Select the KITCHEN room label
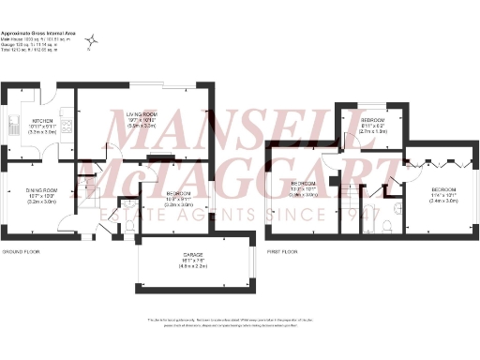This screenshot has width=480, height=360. click(x=42, y=121)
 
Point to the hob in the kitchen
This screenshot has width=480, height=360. click(x=67, y=121)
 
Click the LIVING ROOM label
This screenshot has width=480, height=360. click(x=140, y=113)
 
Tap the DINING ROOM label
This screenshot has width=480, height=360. click(x=42, y=190)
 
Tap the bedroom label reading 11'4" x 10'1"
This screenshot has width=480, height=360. click(x=443, y=195)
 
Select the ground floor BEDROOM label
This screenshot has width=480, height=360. click(x=154, y=193)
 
